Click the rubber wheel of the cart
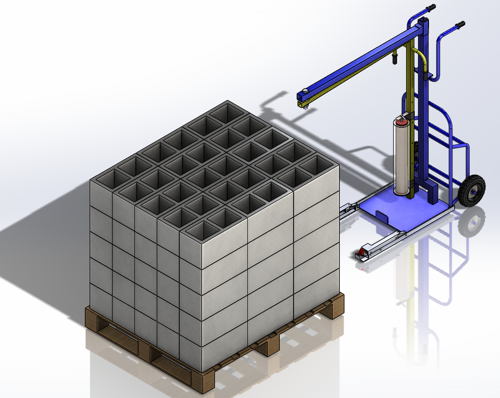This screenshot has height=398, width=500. [x=471, y=191]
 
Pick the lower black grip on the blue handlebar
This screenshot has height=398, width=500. [x=460, y=24]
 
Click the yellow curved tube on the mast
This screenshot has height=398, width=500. [x=421, y=60]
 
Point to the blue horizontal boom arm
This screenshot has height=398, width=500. [x=362, y=62]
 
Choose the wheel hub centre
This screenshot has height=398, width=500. [x=472, y=191]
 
